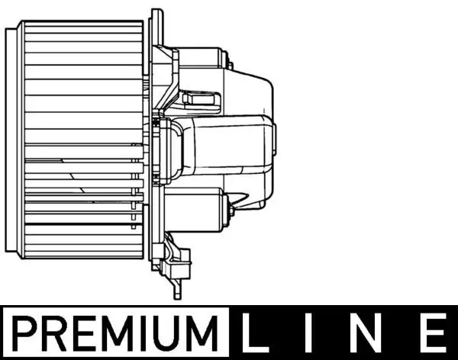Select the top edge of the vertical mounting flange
[x=156, y=12]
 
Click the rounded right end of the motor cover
[x=272, y=145]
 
